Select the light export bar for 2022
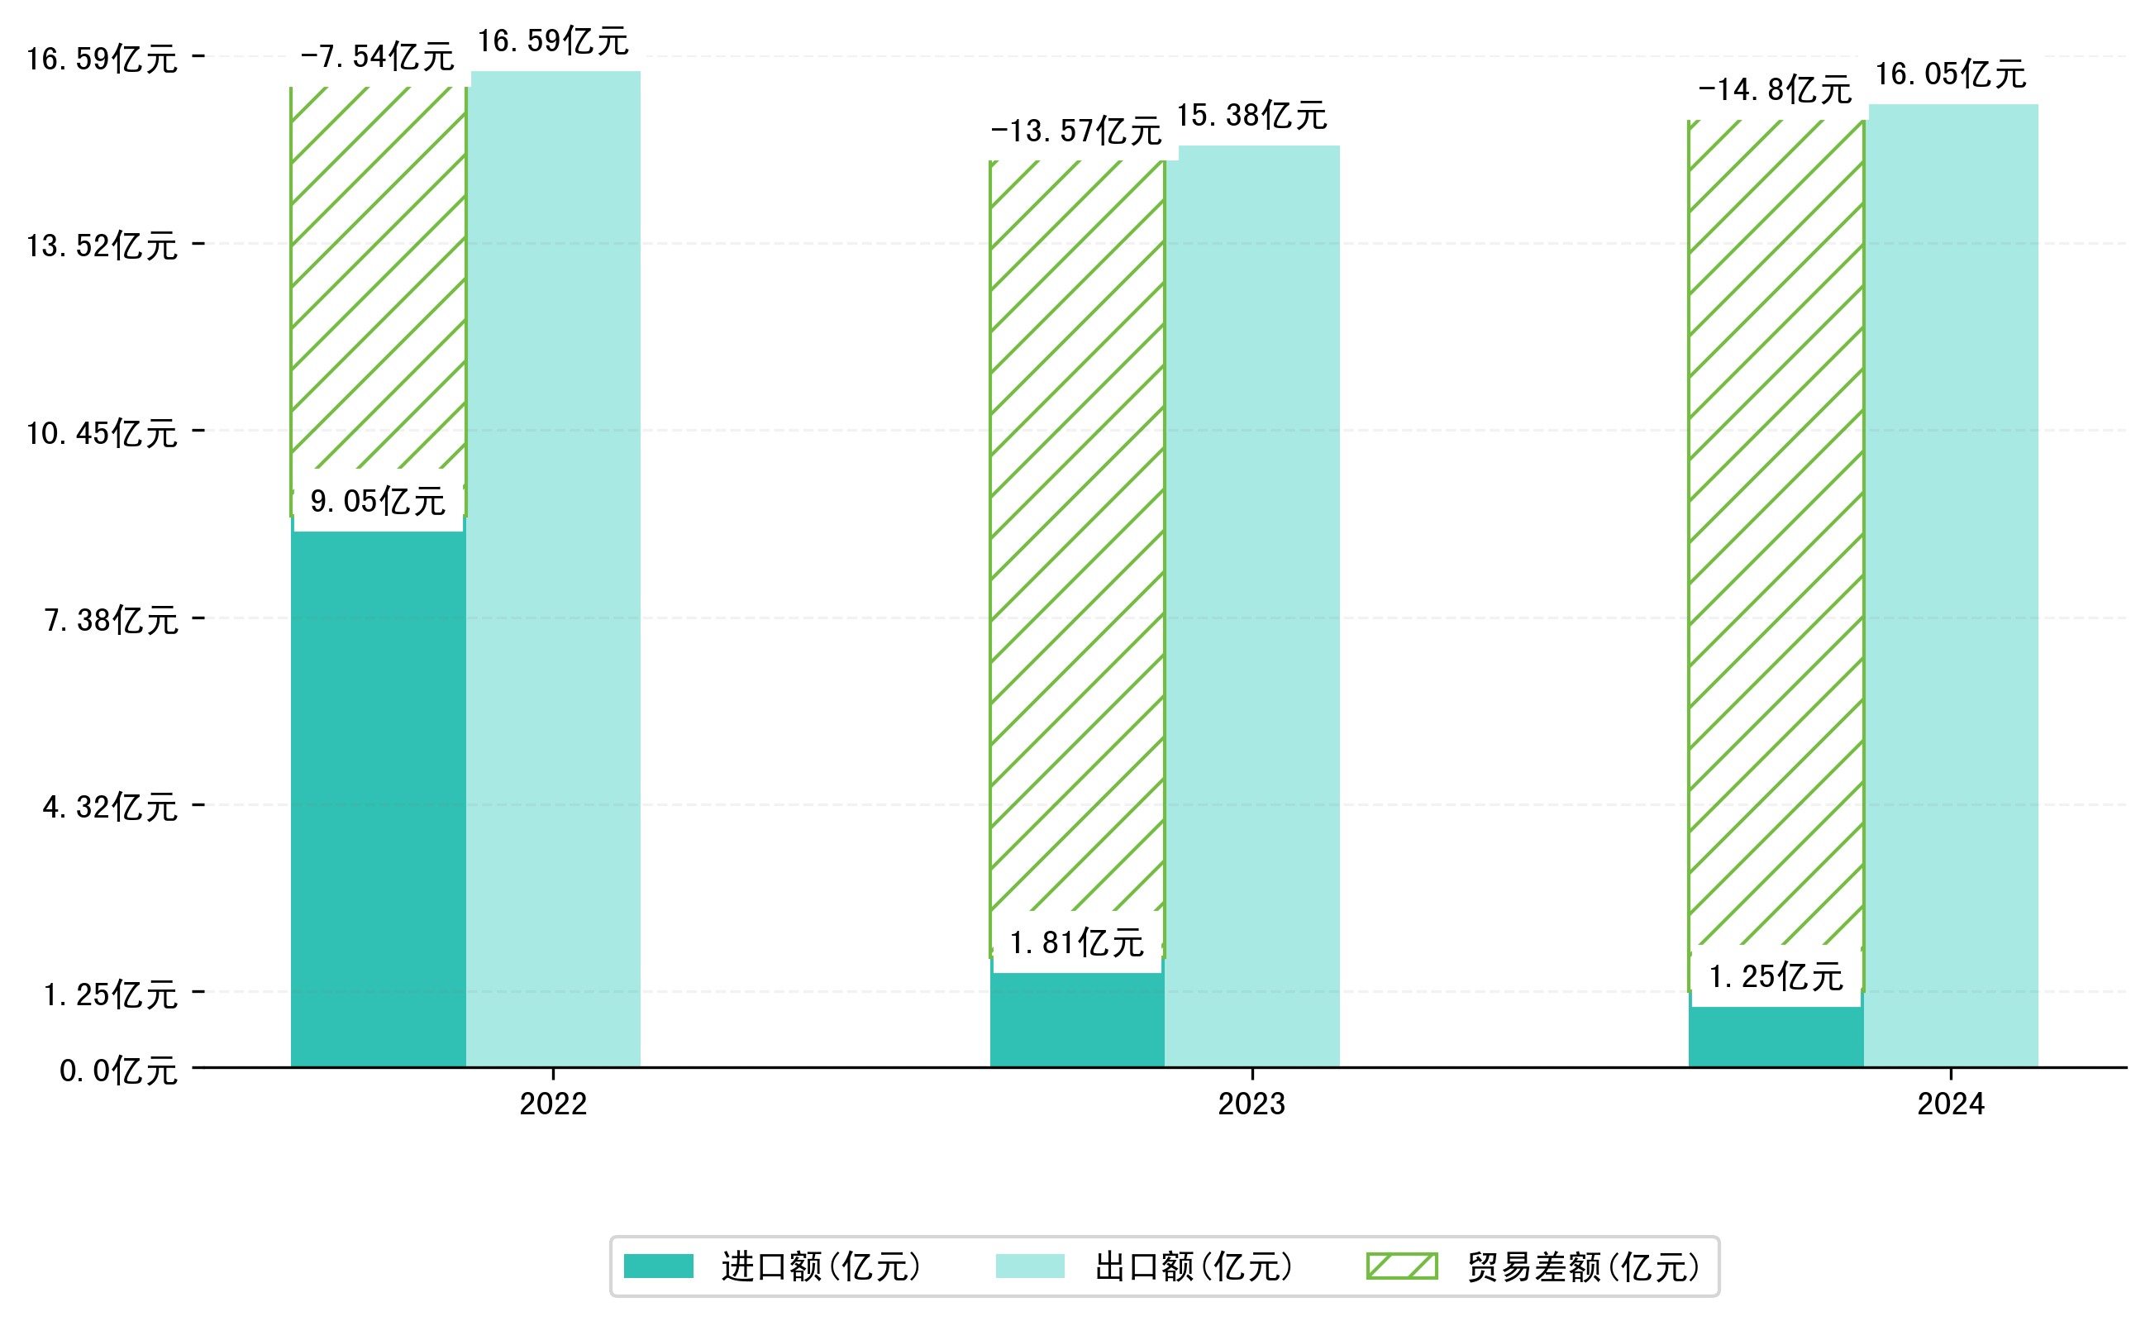(x=555, y=568)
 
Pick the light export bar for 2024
(x=1952, y=585)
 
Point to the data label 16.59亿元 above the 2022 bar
(x=552, y=41)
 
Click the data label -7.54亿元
(x=377, y=57)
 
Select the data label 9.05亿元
(x=378, y=502)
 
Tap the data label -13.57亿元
(x=1075, y=131)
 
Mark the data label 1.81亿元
(x=1076, y=943)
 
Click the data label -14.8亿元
(x=1775, y=90)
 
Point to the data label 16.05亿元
(x=1950, y=74)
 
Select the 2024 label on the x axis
(x=1950, y=1104)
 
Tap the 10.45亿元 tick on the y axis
(x=102, y=433)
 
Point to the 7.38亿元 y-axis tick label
(x=111, y=620)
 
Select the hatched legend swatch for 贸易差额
(x=1401, y=1266)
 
